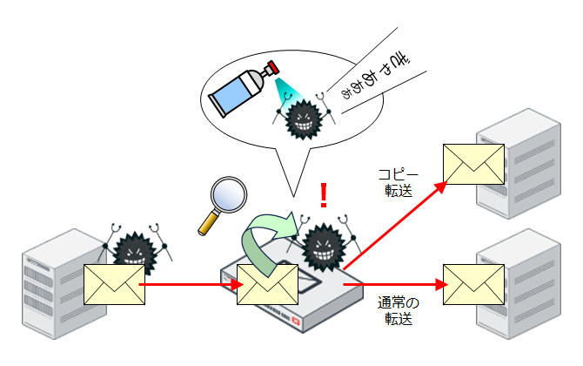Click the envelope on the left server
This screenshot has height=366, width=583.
(114, 284)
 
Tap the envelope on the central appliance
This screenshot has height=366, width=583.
(267, 284)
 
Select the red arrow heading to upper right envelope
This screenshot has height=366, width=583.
(396, 225)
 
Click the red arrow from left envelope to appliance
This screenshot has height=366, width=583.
(187, 284)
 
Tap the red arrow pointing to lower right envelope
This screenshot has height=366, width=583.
(392, 284)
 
